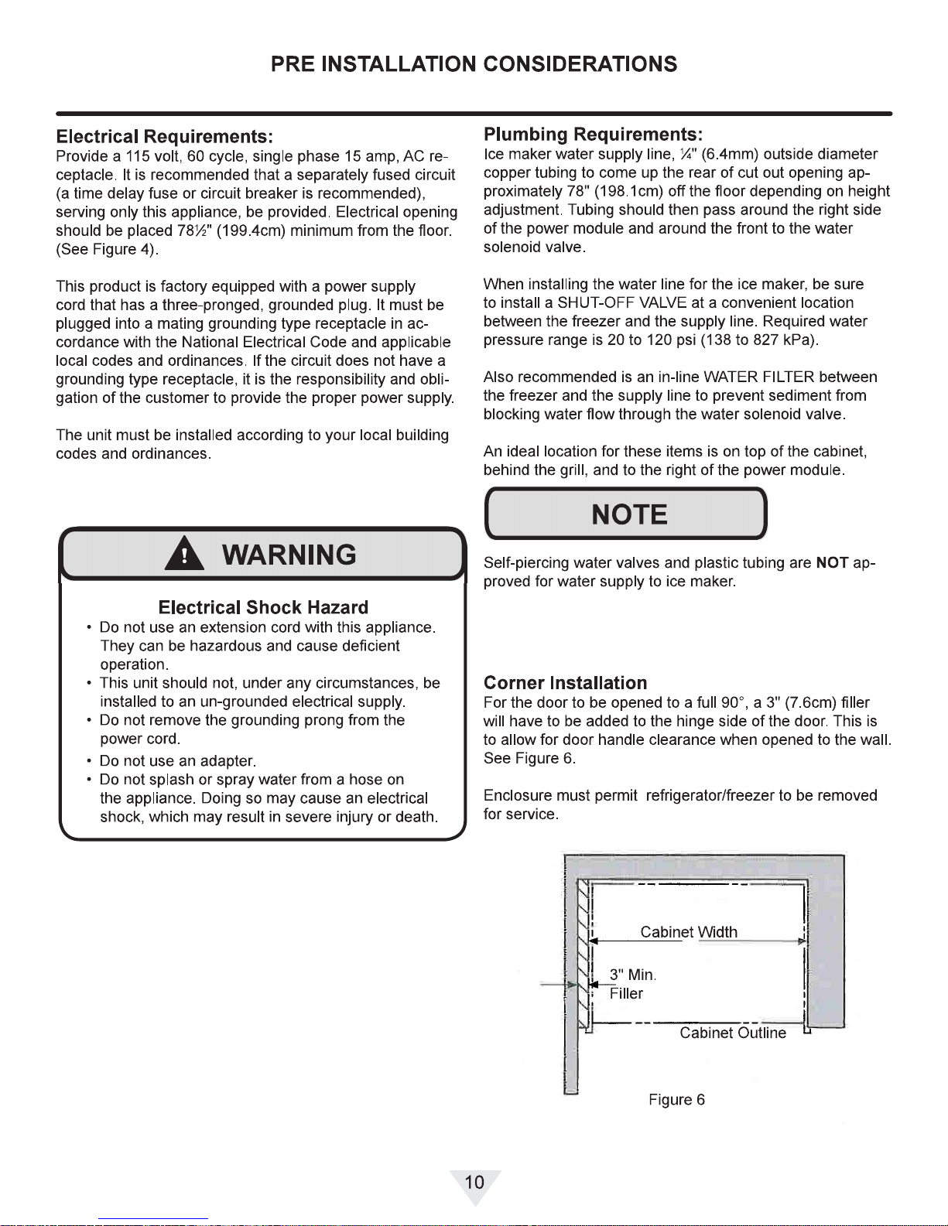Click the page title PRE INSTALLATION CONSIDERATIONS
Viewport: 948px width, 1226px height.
(474, 64)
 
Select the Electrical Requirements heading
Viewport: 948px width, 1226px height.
(164, 137)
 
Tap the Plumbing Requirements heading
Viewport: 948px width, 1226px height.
(593, 135)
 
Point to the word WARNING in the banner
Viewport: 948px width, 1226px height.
(289, 555)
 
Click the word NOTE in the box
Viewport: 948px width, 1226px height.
(628, 514)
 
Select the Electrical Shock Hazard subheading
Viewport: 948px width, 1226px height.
(263, 607)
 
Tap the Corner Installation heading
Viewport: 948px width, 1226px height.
(565, 683)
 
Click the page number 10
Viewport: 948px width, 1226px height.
(474, 1182)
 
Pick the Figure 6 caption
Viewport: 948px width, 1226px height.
(676, 1100)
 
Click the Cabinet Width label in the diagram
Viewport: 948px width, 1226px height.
(689, 932)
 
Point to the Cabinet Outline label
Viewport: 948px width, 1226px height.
(732, 1033)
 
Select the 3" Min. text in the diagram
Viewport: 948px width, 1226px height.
(632, 975)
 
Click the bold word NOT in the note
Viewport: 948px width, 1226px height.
(832, 562)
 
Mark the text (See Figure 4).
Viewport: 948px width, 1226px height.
(108, 249)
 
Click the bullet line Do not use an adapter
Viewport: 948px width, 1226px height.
(178, 760)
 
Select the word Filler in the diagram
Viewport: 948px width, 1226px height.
(626, 993)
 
